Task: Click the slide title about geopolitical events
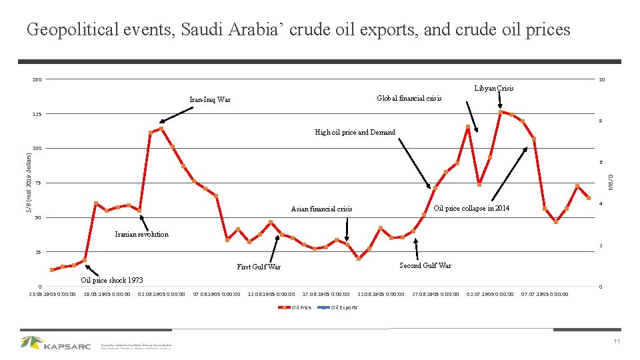[298, 30]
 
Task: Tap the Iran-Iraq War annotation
[210, 100]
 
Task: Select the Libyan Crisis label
[494, 88]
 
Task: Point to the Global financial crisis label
[409, 98]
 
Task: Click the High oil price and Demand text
[355, 132]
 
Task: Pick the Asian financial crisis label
[322, 209]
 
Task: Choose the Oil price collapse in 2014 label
[471, 209]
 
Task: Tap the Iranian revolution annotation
[142, 234]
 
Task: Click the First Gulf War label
[259, 267]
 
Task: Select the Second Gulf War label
[425, 265]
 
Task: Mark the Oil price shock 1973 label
[112, 280]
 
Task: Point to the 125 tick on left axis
[37, 114]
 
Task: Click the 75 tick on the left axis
[39, 183]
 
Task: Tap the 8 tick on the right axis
[600, 121]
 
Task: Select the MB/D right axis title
[613, 180]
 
